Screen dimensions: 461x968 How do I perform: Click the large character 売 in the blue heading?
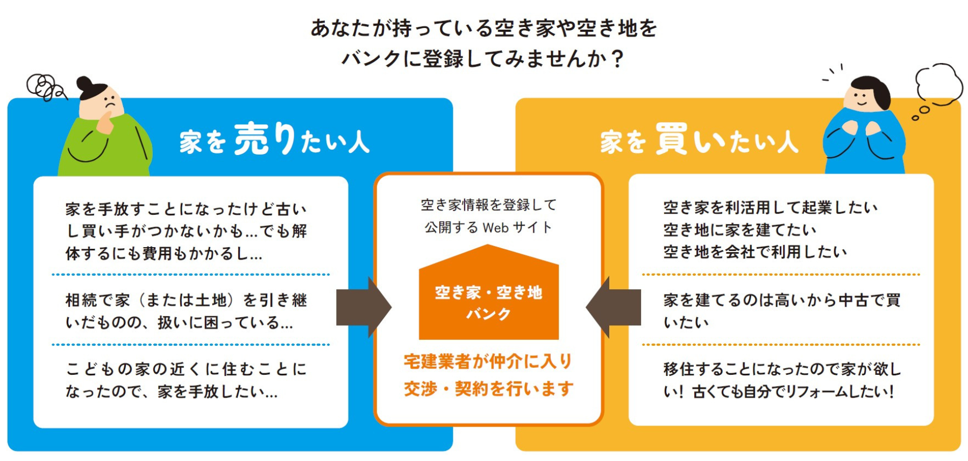252,138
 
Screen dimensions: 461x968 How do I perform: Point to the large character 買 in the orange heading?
672,138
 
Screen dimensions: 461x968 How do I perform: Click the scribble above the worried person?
45,87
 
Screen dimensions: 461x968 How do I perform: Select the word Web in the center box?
495,228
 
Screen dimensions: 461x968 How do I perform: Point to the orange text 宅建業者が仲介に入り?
488,361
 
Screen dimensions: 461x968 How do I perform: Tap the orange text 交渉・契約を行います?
488,388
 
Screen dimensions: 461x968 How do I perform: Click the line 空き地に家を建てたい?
739,230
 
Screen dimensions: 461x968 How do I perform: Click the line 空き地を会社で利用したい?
755,252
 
